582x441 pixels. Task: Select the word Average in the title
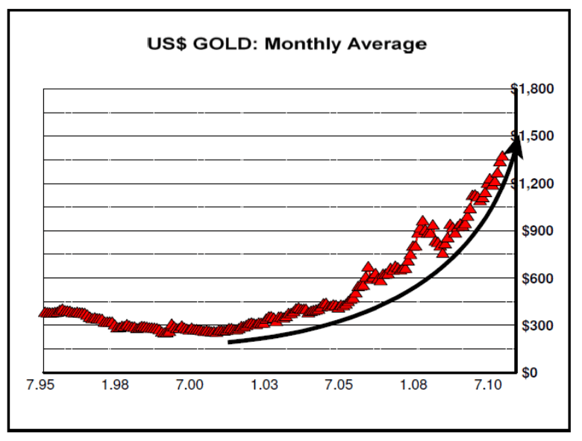pos(387,43)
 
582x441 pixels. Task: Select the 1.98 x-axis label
pos(116,385)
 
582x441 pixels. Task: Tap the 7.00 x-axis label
pos(190,385)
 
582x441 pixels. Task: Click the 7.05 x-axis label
pos(338,385)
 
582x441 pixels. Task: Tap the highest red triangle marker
pos(501,157)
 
